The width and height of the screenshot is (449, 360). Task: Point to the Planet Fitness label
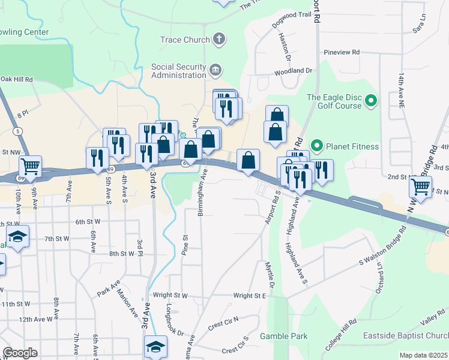point(353,146)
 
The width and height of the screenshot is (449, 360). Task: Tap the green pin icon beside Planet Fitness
point(318,146)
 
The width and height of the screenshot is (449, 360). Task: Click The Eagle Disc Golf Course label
point(334,101)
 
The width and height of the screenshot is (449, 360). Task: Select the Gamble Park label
point(283,336)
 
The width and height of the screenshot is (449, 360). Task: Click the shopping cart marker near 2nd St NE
point(421,186)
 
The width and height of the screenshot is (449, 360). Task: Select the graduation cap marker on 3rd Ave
point(155,347)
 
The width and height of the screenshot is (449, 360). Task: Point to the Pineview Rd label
point(341,52)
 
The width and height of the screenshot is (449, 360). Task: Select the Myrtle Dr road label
point(271,273)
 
